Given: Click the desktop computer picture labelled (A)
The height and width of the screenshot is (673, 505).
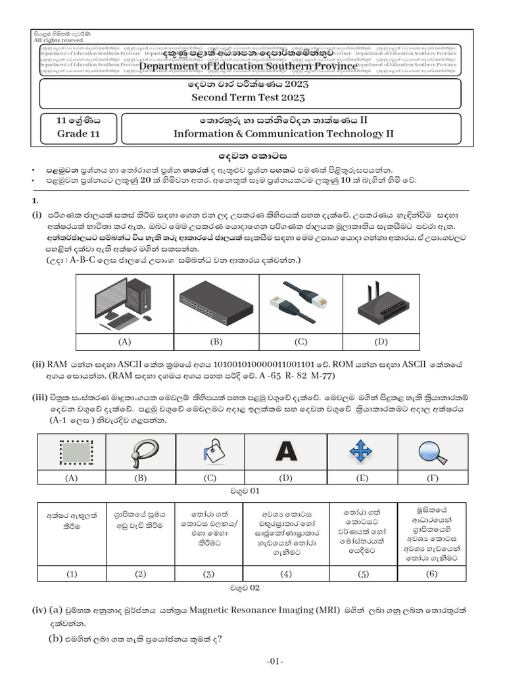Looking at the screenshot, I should [x=124, y=303].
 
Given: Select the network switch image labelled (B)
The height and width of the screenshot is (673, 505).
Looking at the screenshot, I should [x=216, y=303].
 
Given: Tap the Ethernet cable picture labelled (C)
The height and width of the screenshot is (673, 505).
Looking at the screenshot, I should [x=301, y=303].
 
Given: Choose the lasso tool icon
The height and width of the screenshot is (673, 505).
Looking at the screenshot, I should [x=140, y=452].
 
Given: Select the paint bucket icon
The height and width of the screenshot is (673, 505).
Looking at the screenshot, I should [x=211, y=452].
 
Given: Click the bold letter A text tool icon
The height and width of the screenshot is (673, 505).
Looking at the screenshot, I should [x=285, y=452].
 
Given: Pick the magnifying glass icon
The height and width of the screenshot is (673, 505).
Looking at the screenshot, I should [x=432, y=452].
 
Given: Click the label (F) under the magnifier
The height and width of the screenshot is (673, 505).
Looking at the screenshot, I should [x=432, y=478].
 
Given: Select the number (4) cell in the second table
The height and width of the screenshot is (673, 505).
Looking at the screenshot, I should [x=285, y=573].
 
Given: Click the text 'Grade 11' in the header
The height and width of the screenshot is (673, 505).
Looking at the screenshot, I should [x=78, y=134].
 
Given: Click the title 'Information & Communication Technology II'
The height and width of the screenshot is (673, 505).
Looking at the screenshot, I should [x=283, y=134].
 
